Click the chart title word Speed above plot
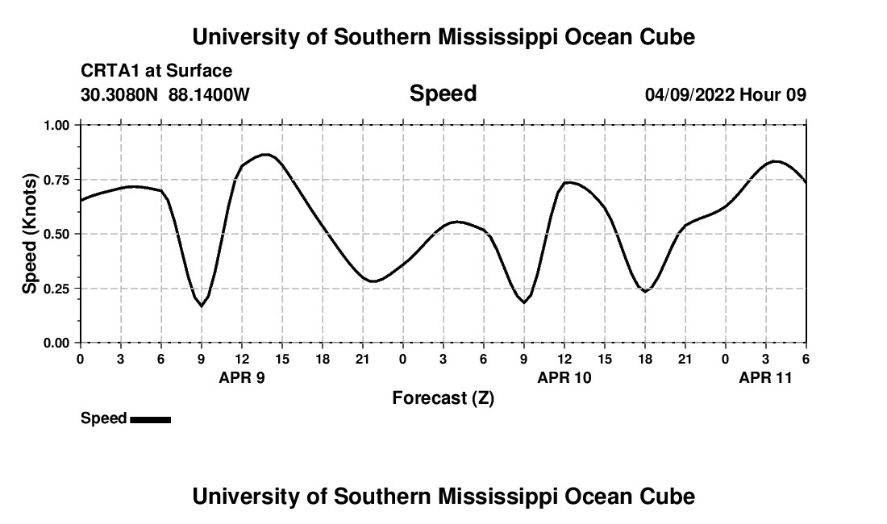click(x=443, y=94)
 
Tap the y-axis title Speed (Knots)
click(x=30, y=234)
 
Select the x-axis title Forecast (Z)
click(x=443, y=397)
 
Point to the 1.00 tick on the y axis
click(x=57, y=125)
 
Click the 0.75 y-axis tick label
click(x=57, y=179)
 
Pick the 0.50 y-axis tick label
click(x=57, y=234)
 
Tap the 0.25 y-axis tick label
click(x=57, y=288)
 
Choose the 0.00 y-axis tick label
click(x=57, y=343)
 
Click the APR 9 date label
click(x=242, y=377)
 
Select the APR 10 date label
click(x=564, y=377)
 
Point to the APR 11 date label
click(x=766, y=377)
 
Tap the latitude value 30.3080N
click(x=121, y=95)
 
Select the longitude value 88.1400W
click(x=209, y=95)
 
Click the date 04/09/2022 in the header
click(x=689, y=95)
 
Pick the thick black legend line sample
click(x=150, y=419)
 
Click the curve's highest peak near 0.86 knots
click(x=264, y=154)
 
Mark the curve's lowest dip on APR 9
click(x=202, y=306)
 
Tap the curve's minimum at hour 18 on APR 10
click(x=645, y=291)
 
